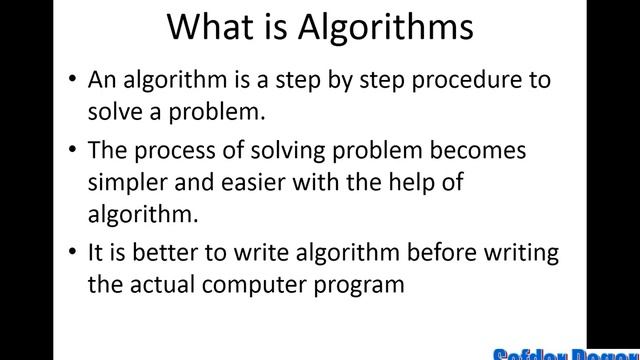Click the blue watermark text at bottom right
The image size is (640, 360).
[x=566, y=352]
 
